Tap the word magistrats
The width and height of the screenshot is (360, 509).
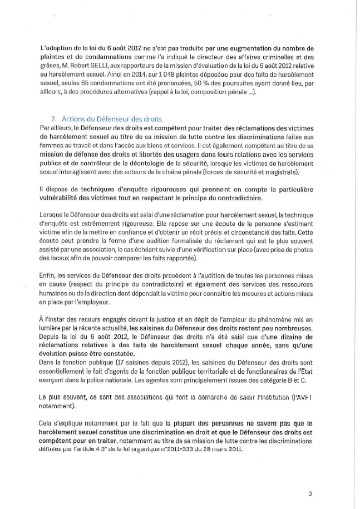(282, 172)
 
